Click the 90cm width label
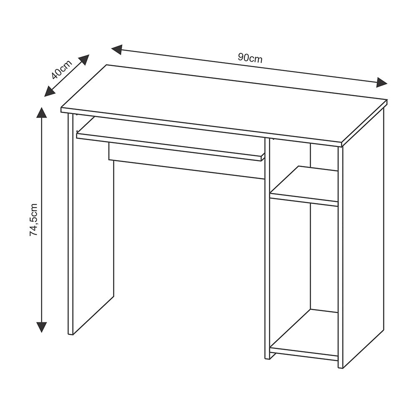pyautogui.click(x=250, y=58)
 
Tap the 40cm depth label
pyautogui.click(x=62, y=70)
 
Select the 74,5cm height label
pyautogui.click(x=34, y=220)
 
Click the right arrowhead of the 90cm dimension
pyautogui.click(x=382, y=83)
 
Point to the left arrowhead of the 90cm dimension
pyautogui.click(x=117, y=50)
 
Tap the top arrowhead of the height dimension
pyautogui.click(x=41, y=112)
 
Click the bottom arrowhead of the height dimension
pyautogui.click(x=41, y=327)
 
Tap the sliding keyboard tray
pyautogui.click(x=170, y=138)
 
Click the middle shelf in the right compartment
pyautogui.click(x=304, y=186)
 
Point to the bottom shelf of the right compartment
pyautogui.click(x=304, y=335)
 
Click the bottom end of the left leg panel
pyautogui.click(x=70, y=334)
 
